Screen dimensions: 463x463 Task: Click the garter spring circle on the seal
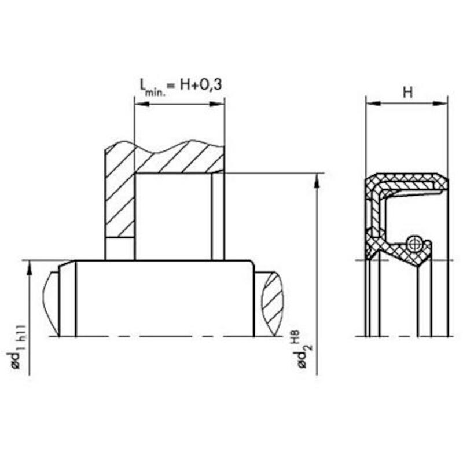(415, 244)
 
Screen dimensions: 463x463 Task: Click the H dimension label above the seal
(407, 93)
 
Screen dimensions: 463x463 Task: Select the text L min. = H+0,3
(181, 86)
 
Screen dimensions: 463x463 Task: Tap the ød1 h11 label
(19, 346)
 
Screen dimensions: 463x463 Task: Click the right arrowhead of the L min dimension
(217, 104)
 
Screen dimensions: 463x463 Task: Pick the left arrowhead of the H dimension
(373, 104)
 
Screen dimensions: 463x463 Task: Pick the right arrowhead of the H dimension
(440, 104)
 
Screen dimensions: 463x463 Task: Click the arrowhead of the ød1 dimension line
(30, 268)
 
